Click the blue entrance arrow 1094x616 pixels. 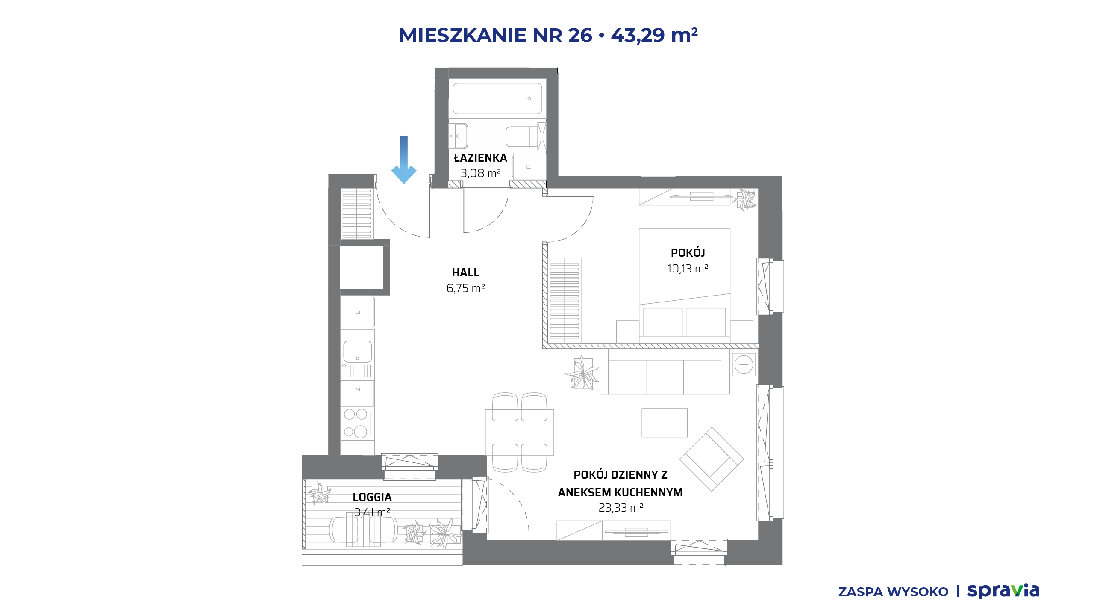pyautogui.click(x=404, y=160)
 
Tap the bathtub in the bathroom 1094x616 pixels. pyautogui.click(x=497, y=98)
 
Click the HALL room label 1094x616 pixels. pyautogui.click(x=466, y=272)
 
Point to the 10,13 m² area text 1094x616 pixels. pyautogui.click(x=688, y=269)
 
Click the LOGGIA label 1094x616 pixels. pyautogui.click(x=372, y=497)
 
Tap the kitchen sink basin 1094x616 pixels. pyautogui.click(x=357, y=351)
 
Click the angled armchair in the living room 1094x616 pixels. pyautogui.click(x=712, y=459)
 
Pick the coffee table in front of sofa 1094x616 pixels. pyautogui.click(x=665, y=423)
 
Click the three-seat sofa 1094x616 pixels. pyautogui.click(x=665, y=371)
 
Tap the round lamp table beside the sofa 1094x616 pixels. pyautogui.click(x=744, y=365)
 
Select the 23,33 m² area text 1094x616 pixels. pyautogui.click(x=621, y=508)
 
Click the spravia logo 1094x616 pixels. pyautogui.click(x=1003, y=591)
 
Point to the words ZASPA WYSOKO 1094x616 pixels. pyautogui.click(x=893, y=592)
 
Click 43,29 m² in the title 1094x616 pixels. pyautogui.click(x=654, y=35)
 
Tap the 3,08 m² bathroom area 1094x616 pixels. pyautogui.click(x=480, y=173)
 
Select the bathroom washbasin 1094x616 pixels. pyautogui.click(x=459, y=136)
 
